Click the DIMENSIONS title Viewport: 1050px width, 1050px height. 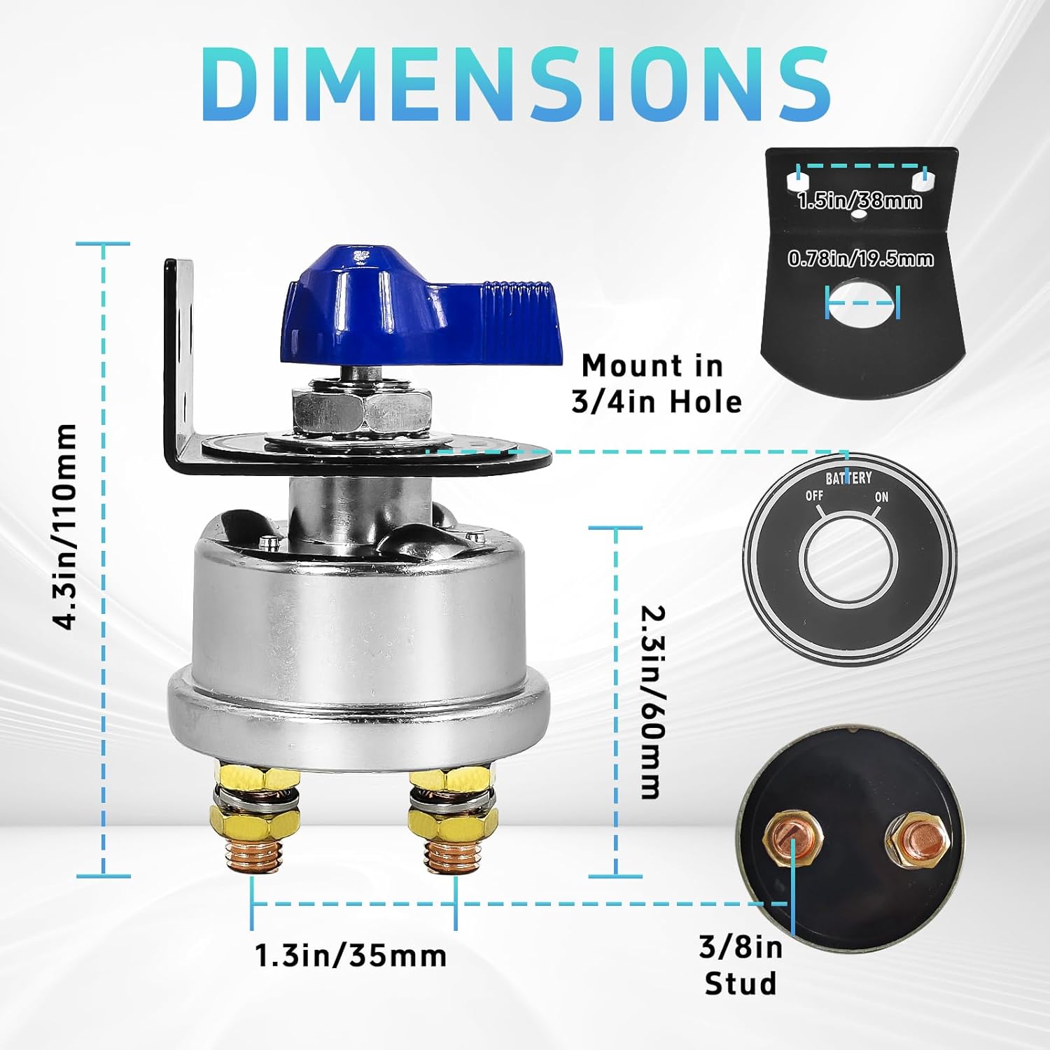pos(519,85)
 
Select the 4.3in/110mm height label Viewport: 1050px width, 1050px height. pos(67,526)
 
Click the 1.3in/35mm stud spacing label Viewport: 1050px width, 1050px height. pos(351,955)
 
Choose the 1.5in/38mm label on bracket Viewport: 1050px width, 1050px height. pos(860,201)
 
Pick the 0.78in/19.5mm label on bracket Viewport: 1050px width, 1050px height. pos(860,258)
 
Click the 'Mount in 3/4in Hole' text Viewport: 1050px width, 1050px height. pos(656,384)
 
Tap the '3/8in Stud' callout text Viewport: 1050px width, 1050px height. pos(741,965)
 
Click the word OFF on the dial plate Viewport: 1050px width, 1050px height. pos(814,496)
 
